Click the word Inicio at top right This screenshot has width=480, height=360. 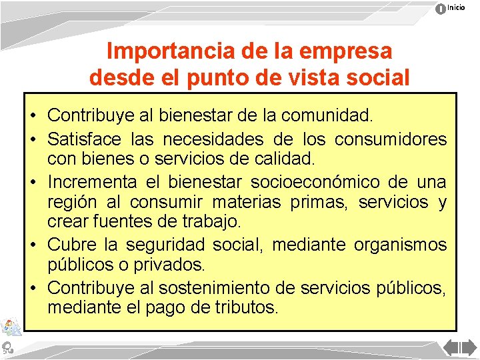click(x=457, y=7)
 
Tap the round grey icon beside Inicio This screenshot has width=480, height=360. click(x=441, y=9)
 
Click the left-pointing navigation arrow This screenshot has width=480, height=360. click(x=451, y=348)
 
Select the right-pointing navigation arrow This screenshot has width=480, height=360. click(x=466, y=348)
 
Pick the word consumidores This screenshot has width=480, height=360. click(x=390, y=139)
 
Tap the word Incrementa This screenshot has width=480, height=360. click(x=93, y=182)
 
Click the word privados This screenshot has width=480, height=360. click(x=171, y=266)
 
